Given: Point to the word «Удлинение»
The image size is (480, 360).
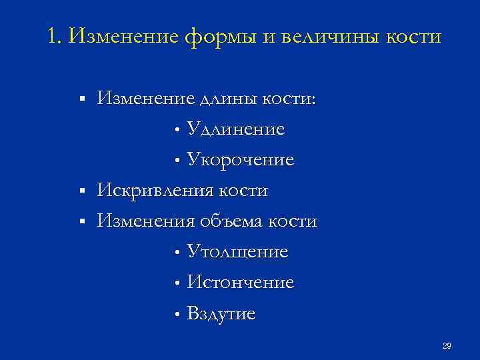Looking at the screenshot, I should click(236, 129).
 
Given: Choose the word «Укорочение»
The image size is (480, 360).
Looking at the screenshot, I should click(241, 160).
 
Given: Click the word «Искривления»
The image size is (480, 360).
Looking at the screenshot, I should click(153, 191).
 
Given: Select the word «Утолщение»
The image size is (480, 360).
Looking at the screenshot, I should click(237, 252).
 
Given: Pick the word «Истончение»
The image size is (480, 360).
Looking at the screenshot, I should click(241, 283).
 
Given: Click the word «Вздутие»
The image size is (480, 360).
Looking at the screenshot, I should click(221, 313).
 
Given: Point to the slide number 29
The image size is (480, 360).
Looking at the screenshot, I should click(447, 345).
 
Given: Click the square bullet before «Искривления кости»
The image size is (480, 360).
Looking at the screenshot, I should click(81, 191).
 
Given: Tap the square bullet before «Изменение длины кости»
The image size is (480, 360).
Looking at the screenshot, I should click(81, 99).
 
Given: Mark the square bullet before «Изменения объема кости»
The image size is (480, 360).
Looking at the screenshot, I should click(81, 221).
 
